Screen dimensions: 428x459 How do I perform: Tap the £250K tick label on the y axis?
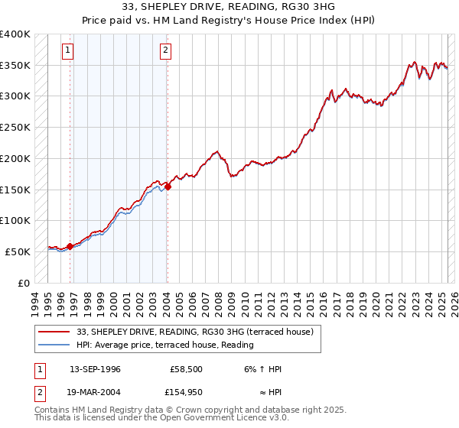pos(15,128)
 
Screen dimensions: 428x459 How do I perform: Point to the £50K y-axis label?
pos(17,251)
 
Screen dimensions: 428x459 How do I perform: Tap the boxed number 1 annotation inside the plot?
pos(68,51)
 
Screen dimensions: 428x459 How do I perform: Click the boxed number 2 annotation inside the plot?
pos(166,51)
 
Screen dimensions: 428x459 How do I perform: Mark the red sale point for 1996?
pos(70,246)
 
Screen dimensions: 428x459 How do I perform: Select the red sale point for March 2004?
pos(168,186)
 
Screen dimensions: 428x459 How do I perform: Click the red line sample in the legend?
pos(54,332)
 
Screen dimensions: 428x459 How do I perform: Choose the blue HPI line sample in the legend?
pos(54,345)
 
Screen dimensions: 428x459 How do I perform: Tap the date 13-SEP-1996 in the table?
pos(95,369)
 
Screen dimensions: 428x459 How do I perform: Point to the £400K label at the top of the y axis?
pos(15,34)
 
